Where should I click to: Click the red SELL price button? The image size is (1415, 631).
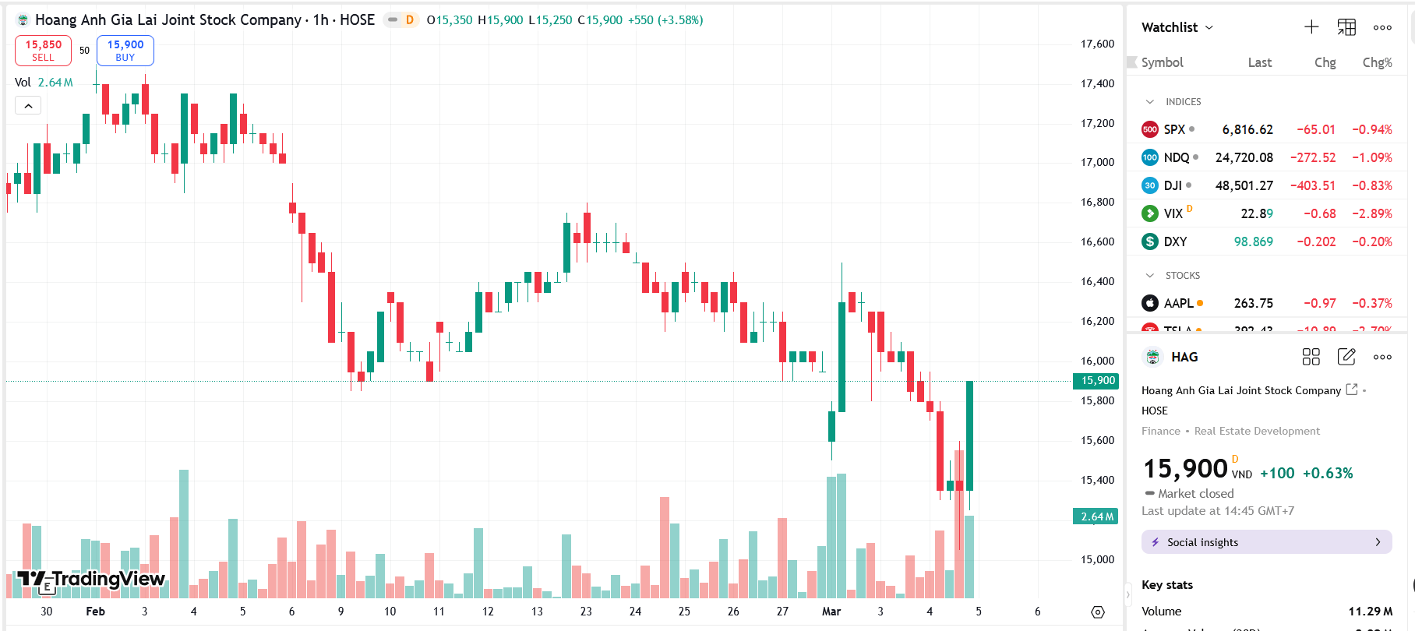point(43,51)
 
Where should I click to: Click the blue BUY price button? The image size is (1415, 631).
point(125,51)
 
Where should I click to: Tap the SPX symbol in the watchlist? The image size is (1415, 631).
point(1174,129)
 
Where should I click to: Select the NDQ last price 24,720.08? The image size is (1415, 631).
point(1244,157)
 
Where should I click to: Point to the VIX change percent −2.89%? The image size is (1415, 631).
point(1371,213)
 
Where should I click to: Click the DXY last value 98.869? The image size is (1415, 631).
point(1253,241)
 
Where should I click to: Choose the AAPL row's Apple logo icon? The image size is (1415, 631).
point(1150,303)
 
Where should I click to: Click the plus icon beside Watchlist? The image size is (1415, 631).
point(1311,27)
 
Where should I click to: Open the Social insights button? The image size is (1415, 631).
point(1266,542)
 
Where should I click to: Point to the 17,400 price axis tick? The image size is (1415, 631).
point(1097,83)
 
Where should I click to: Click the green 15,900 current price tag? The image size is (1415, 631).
point(1098,381)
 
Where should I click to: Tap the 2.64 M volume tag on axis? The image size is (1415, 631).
point(1097,516)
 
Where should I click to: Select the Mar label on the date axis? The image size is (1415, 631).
point(831,612)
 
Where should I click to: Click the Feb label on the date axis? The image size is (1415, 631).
point(95,612)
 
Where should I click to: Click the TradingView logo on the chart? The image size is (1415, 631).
point(91,579)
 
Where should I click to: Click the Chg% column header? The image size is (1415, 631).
point(1377,62)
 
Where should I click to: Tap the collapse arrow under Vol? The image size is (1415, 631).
point(28,105)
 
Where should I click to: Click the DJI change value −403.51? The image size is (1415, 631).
point(1312,185)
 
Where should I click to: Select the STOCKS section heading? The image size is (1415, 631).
point(1182,276)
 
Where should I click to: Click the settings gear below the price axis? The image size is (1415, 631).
point(1098,612)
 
